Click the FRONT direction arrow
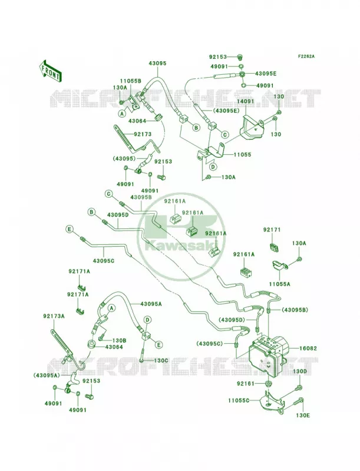(x=50, y=71)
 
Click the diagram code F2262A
(x=306, y=56)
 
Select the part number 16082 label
(x=308, y=349)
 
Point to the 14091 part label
(x=245, y=101)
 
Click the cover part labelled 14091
(x=252, y=127)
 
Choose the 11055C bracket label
(x=239, y=400)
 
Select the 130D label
(x=300, y=372)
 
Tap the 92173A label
(x=54, y=316)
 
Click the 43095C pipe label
(x=104, y=260)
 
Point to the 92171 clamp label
(x=272, y=230)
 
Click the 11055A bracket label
(x=279, y=283)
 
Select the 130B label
(x=119, y=341)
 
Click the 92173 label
(x=143, y=134)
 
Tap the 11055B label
(x=131, y=81)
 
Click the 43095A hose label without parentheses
(x=151, y=304)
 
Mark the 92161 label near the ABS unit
(x=246, y=384)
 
